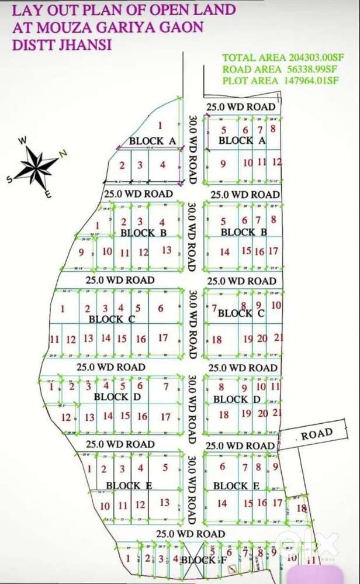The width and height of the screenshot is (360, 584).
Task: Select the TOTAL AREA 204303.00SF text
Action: click(280, 57)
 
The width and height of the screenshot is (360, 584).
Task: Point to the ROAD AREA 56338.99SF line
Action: click(280, 69)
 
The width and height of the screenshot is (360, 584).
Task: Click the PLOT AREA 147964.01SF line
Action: click(280, 81)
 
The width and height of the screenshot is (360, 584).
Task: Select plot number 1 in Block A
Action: click(160, 125)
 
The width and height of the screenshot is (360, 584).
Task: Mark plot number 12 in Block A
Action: click(277, 163)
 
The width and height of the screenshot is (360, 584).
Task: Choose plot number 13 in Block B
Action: click(167, 250)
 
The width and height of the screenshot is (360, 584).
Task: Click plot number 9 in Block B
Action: click(81, 253)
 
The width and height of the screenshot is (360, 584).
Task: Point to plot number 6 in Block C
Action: click(160, 308)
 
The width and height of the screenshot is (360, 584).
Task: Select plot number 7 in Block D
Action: click(166, 386)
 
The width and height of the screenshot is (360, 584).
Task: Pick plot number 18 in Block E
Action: click(301, 508)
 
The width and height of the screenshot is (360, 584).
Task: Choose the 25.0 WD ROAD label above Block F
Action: click(191, 533)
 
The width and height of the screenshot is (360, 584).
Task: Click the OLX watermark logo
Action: click(307, 545)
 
